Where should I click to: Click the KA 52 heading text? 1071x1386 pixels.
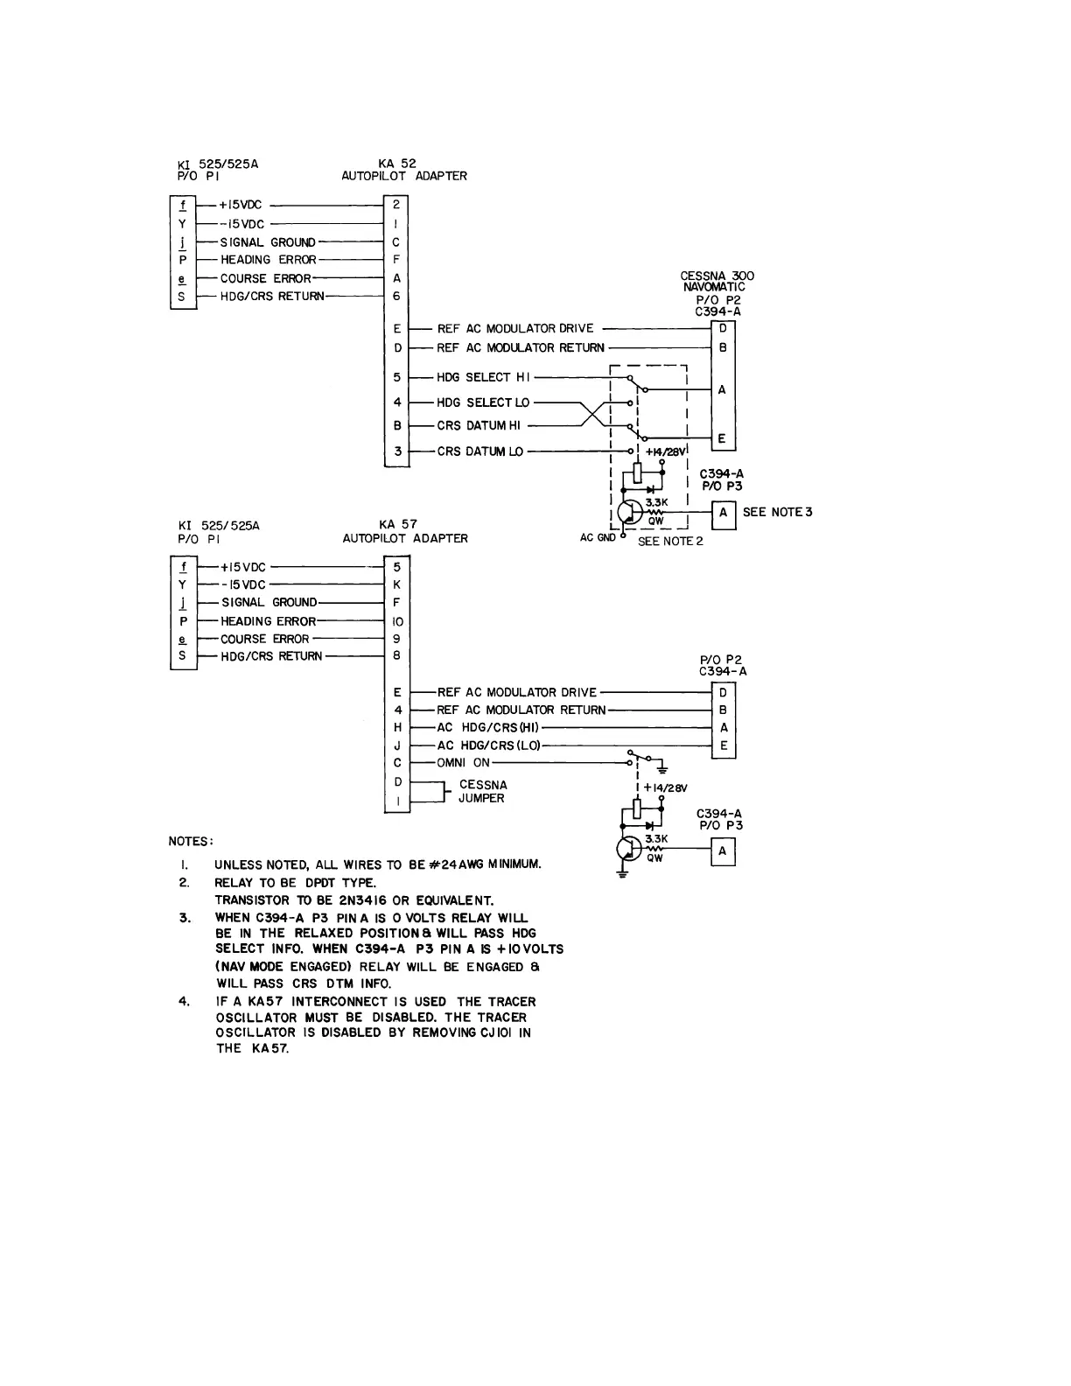pos(403,163)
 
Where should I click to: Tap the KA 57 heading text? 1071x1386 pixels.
pos(404,525)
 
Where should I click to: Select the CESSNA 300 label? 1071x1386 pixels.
pos(717,276)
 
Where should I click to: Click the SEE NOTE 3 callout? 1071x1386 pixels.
pos(777,512)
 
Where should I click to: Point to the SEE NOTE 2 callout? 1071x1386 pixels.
pos(670,542)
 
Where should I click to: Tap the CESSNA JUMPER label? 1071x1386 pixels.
pos(482,792)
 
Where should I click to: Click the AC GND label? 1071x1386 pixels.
pos(598,538)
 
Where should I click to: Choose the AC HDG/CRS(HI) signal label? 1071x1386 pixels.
pos(488,728)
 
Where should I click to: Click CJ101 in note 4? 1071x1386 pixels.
pos(497,1032)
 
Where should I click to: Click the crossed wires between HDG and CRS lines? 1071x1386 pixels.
pos(594,414)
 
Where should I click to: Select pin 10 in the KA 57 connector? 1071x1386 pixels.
pos(397,621)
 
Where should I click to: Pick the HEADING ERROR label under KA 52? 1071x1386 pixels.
pos(268,260)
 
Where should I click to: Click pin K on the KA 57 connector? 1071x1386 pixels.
pos(397,584)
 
